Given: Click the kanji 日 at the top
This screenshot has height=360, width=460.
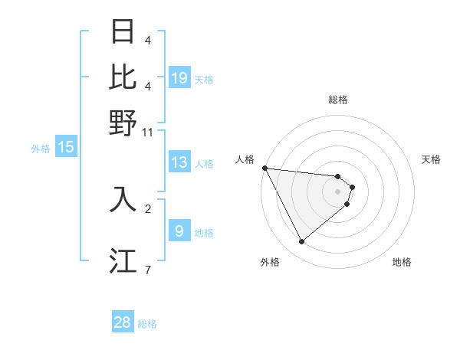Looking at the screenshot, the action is [x=123, y=32].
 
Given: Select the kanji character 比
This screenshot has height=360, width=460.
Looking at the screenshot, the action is [x=123, y=77].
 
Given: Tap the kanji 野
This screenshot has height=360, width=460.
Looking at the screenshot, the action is [x=123, y=123].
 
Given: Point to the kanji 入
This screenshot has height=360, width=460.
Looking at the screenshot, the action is [x=123, y=199].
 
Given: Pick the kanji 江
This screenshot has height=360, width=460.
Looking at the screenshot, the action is [x=123, y=260].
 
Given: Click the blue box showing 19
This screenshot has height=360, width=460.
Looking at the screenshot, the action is [x=179, y=78].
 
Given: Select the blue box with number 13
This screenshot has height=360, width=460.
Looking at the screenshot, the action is [x=179, y=163].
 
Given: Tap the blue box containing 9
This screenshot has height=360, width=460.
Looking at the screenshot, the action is [x=179, y=231].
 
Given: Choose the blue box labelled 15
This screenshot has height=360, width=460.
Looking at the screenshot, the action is [x=66, y=148].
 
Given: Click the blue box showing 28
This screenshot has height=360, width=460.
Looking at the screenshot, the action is [x=123, y=322].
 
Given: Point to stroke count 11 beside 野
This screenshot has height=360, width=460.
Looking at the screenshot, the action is [x=148, y=132].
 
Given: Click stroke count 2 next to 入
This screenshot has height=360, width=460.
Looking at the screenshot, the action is [x=148, y=208].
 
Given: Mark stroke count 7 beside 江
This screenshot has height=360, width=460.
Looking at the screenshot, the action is [x=148, y=270].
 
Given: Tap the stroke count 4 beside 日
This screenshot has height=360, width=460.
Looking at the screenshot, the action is [x=148, y=40].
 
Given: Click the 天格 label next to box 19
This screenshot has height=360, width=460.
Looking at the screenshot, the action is [x=204, y=79].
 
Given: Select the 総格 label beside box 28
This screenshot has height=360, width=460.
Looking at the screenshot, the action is [x=147, y=324].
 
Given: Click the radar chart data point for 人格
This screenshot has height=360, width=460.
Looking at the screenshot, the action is [x=264, y=168].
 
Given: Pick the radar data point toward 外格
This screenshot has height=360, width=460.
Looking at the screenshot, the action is [x=301, y=242].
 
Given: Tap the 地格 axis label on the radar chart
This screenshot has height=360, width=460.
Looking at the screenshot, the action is [x=402, y=262].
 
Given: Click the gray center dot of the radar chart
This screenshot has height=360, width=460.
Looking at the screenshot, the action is [x=338, y=191].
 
